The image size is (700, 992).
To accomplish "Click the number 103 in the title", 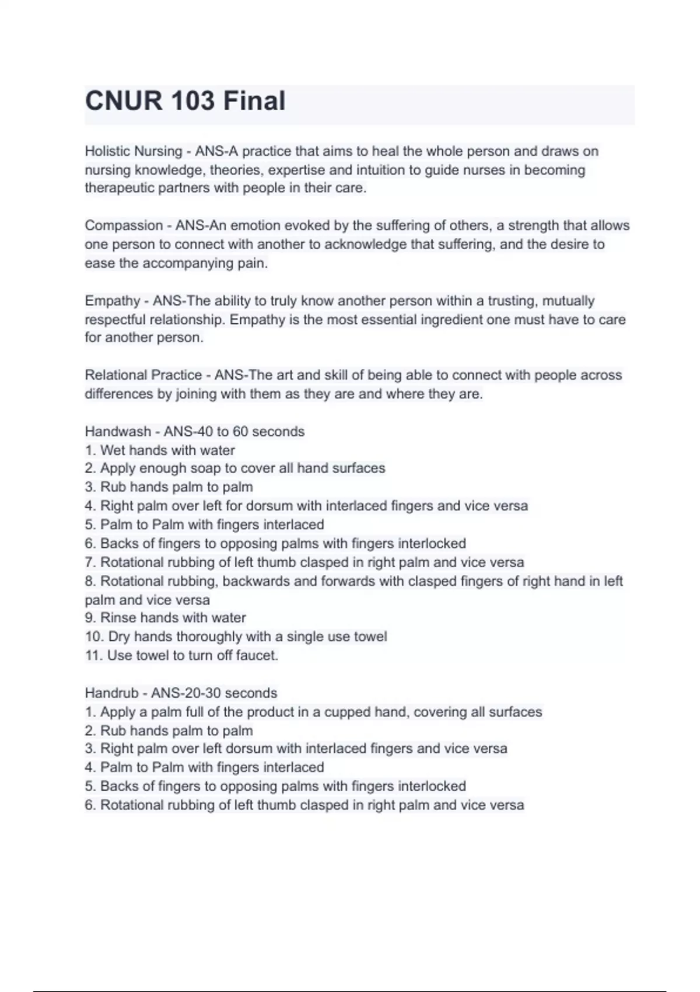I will pos(185,101).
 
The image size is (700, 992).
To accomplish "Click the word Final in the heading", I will pos(254,101).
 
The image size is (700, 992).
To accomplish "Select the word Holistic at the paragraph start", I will pos(108,151).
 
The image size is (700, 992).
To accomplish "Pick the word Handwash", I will pos(118,432).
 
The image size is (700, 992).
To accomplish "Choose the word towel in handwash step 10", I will pos(370,637).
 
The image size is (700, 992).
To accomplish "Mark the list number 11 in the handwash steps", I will pos(93,655).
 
